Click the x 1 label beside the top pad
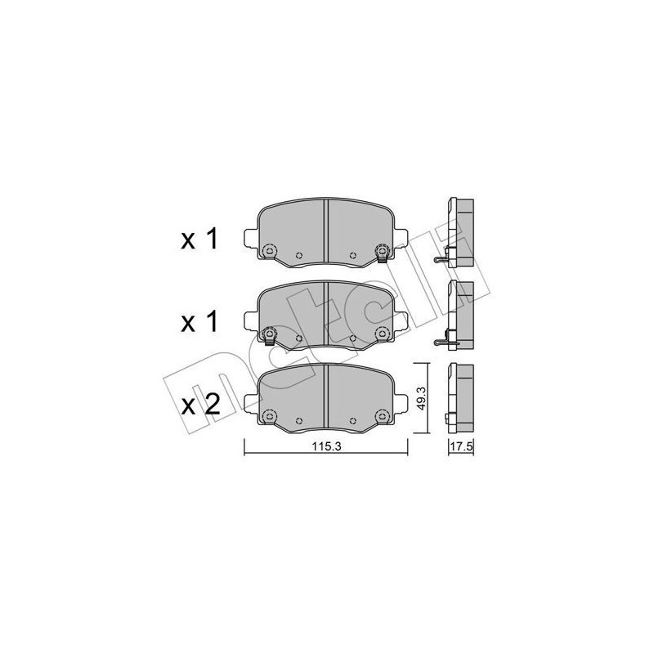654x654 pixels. tap(199, 240)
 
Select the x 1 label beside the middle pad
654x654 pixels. tap(199, 322)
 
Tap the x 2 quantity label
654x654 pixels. tap(200, 405)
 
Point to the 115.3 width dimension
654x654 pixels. tap(327, 446)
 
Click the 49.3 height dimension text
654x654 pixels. tap(421, 398)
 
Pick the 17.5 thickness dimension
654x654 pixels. tap(461, 446)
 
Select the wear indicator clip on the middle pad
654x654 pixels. tap(270, 336)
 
